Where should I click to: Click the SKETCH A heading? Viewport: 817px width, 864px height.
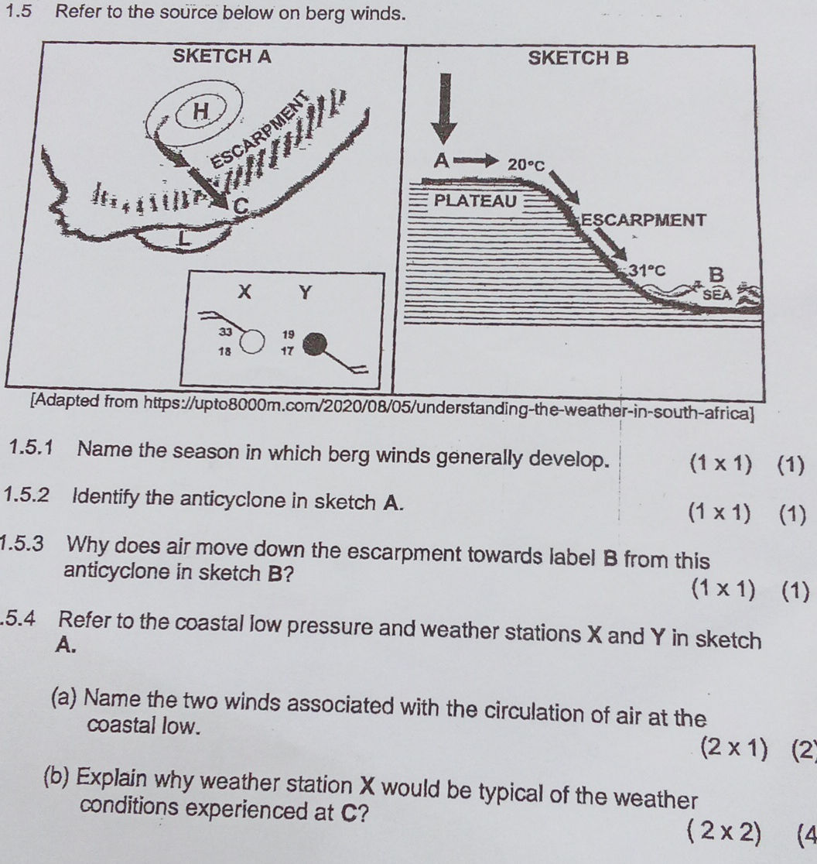(x=222, y=57)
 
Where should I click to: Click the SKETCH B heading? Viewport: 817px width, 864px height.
(x=576, y=57)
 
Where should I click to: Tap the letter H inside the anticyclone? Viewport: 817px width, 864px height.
(x=201, y=111)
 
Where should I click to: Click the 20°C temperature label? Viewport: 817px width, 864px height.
(x=527, y=165)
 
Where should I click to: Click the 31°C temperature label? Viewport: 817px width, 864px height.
(x=647, y=270)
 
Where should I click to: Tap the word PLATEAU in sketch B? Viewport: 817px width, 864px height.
(x=475, y=201)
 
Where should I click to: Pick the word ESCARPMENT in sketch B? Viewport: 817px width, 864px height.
(x=644, y=220)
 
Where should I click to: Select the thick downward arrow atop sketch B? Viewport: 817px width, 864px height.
(x=444, y=108)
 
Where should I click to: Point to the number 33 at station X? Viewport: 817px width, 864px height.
(x=224, y=331)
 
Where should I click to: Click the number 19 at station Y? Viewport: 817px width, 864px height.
(x=289, y=334)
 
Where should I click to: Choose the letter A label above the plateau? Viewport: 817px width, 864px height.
(x=441, y=160)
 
